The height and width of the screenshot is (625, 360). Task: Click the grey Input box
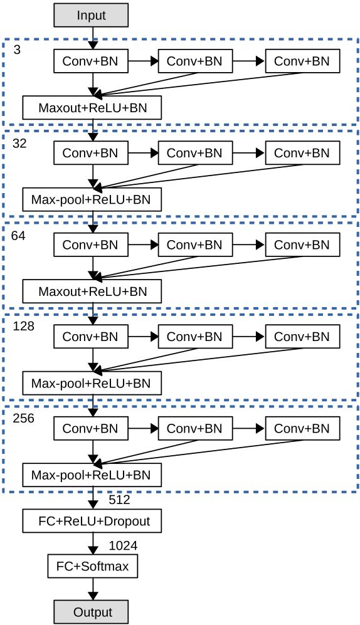click(92, 15)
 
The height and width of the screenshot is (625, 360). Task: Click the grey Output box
click(92, 612)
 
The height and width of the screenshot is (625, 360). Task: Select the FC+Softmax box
click(92, 566)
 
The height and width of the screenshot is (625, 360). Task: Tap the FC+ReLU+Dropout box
click(92, 520)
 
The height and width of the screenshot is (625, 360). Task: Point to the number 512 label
click(119, 500)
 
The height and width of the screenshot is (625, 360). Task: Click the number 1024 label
click(123, 545)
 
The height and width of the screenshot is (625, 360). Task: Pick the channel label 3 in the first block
click(17, 51)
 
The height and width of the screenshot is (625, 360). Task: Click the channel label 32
click(19, 143)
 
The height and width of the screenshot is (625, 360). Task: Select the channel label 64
click(18, 236)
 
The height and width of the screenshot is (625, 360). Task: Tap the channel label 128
click(24, 326)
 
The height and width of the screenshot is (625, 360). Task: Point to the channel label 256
click(24, 419)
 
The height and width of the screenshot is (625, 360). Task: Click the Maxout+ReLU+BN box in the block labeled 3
click(92, 108)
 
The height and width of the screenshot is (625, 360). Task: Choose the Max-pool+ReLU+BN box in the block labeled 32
click(92, 199)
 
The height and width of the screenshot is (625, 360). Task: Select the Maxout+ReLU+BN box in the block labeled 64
click(92, 291)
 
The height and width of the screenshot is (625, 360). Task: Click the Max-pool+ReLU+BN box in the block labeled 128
click(92, 383)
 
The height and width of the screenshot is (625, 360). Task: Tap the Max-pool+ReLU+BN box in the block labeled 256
click(92, 475)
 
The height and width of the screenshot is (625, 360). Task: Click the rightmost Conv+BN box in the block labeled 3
click(302, 61)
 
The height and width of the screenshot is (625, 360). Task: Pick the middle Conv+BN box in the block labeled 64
click(195, 244)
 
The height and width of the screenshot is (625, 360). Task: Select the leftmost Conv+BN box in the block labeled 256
click(91, 429)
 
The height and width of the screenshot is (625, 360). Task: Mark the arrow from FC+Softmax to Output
click(93, 589)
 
